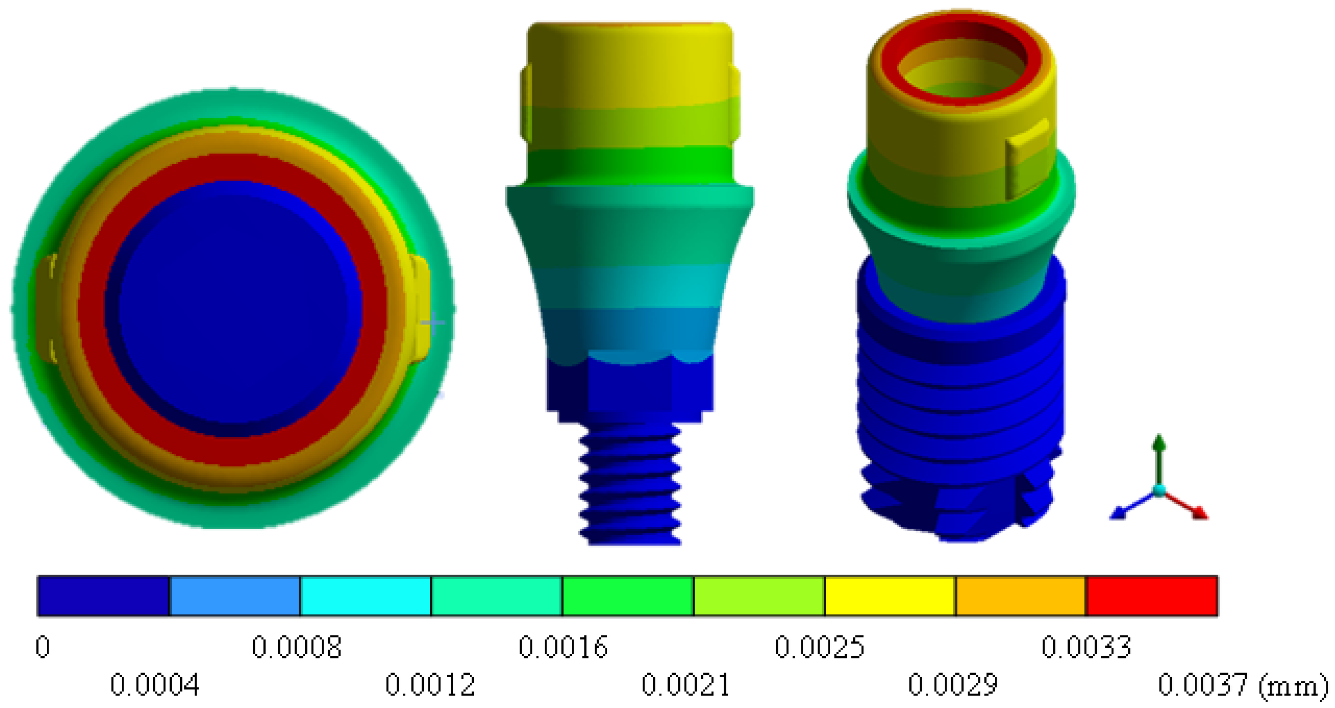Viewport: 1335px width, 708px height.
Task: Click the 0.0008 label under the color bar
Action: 296,647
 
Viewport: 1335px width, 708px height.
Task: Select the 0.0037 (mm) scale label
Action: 1242,685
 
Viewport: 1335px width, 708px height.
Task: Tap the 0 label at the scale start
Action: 43,647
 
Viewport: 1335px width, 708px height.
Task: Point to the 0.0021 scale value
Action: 685,685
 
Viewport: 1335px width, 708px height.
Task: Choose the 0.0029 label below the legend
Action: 952,685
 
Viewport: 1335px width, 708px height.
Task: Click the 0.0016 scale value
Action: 563,647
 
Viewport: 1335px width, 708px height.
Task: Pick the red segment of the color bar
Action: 1152,596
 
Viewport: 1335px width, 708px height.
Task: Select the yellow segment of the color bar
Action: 890,596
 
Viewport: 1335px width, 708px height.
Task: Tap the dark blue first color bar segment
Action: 104,596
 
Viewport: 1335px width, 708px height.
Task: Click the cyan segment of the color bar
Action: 365,596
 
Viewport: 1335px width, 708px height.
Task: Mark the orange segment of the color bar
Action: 1021,596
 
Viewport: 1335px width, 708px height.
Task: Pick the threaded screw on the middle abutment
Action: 630,482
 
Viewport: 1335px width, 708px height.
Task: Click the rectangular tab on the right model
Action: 1026,161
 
